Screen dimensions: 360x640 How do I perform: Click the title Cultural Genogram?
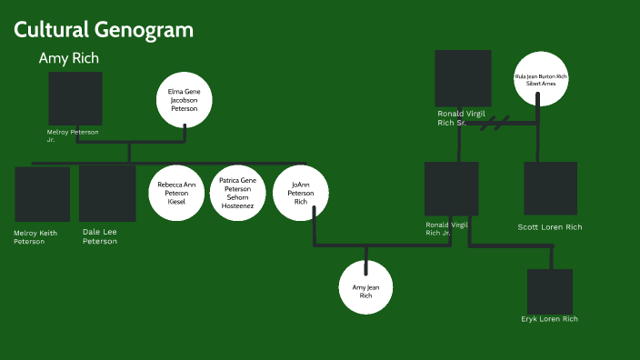pos(103,30)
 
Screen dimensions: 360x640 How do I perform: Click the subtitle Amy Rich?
pos(69,58)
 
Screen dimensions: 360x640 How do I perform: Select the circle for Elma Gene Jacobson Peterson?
pos(185,99)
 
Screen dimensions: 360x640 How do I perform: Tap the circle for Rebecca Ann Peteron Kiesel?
pos(176,194)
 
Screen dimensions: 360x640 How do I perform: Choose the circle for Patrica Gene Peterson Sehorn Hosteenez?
pos(238,194)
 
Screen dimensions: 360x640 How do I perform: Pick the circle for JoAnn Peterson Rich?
pos(301,194)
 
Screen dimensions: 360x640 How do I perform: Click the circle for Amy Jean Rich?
pos(365,287)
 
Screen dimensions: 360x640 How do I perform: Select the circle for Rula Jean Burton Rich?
pos(540,79)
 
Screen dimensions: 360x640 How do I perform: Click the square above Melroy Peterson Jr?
pos(75,99)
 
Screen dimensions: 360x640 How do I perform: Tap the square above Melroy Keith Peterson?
pos(42,195)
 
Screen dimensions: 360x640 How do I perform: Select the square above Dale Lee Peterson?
pos(107,194)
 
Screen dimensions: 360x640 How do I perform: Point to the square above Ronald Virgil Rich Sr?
pos(463,78)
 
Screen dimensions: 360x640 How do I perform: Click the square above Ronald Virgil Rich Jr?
pos(452,189)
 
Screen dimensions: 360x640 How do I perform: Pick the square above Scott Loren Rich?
pos(550,188)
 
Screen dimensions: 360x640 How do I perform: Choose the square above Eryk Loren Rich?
pos(550,291)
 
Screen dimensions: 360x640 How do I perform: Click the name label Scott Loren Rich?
pos(550,227)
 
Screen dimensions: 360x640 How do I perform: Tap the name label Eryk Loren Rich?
pos(550,319)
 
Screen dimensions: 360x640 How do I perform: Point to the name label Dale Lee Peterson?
pos(100,236)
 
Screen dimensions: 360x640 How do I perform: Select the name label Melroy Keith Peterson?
pos(35,237)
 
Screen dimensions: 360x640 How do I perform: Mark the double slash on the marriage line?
pos(495,121)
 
